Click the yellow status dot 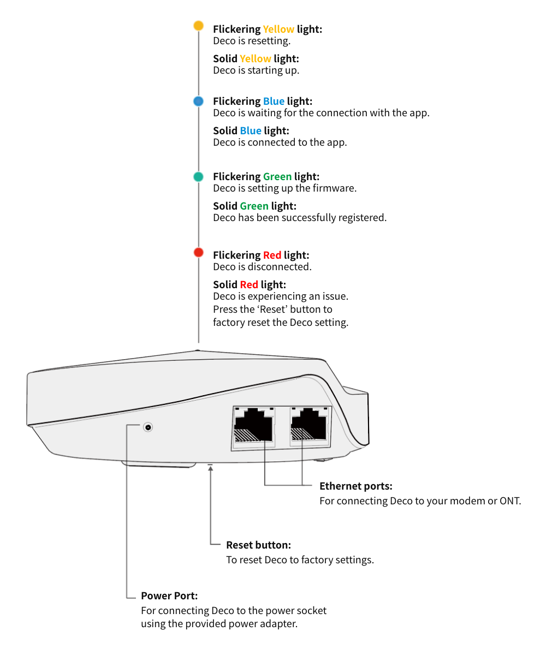198,26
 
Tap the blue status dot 198,102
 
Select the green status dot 198,177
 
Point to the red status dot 199,253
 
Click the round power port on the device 148,427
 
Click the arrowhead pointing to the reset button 211,468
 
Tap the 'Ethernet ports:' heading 356,486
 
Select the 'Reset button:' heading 259,545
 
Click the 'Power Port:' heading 169,596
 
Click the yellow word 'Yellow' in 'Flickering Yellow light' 278,29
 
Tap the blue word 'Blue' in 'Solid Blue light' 251,131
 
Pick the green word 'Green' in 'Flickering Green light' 277,177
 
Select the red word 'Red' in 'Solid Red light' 249,284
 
